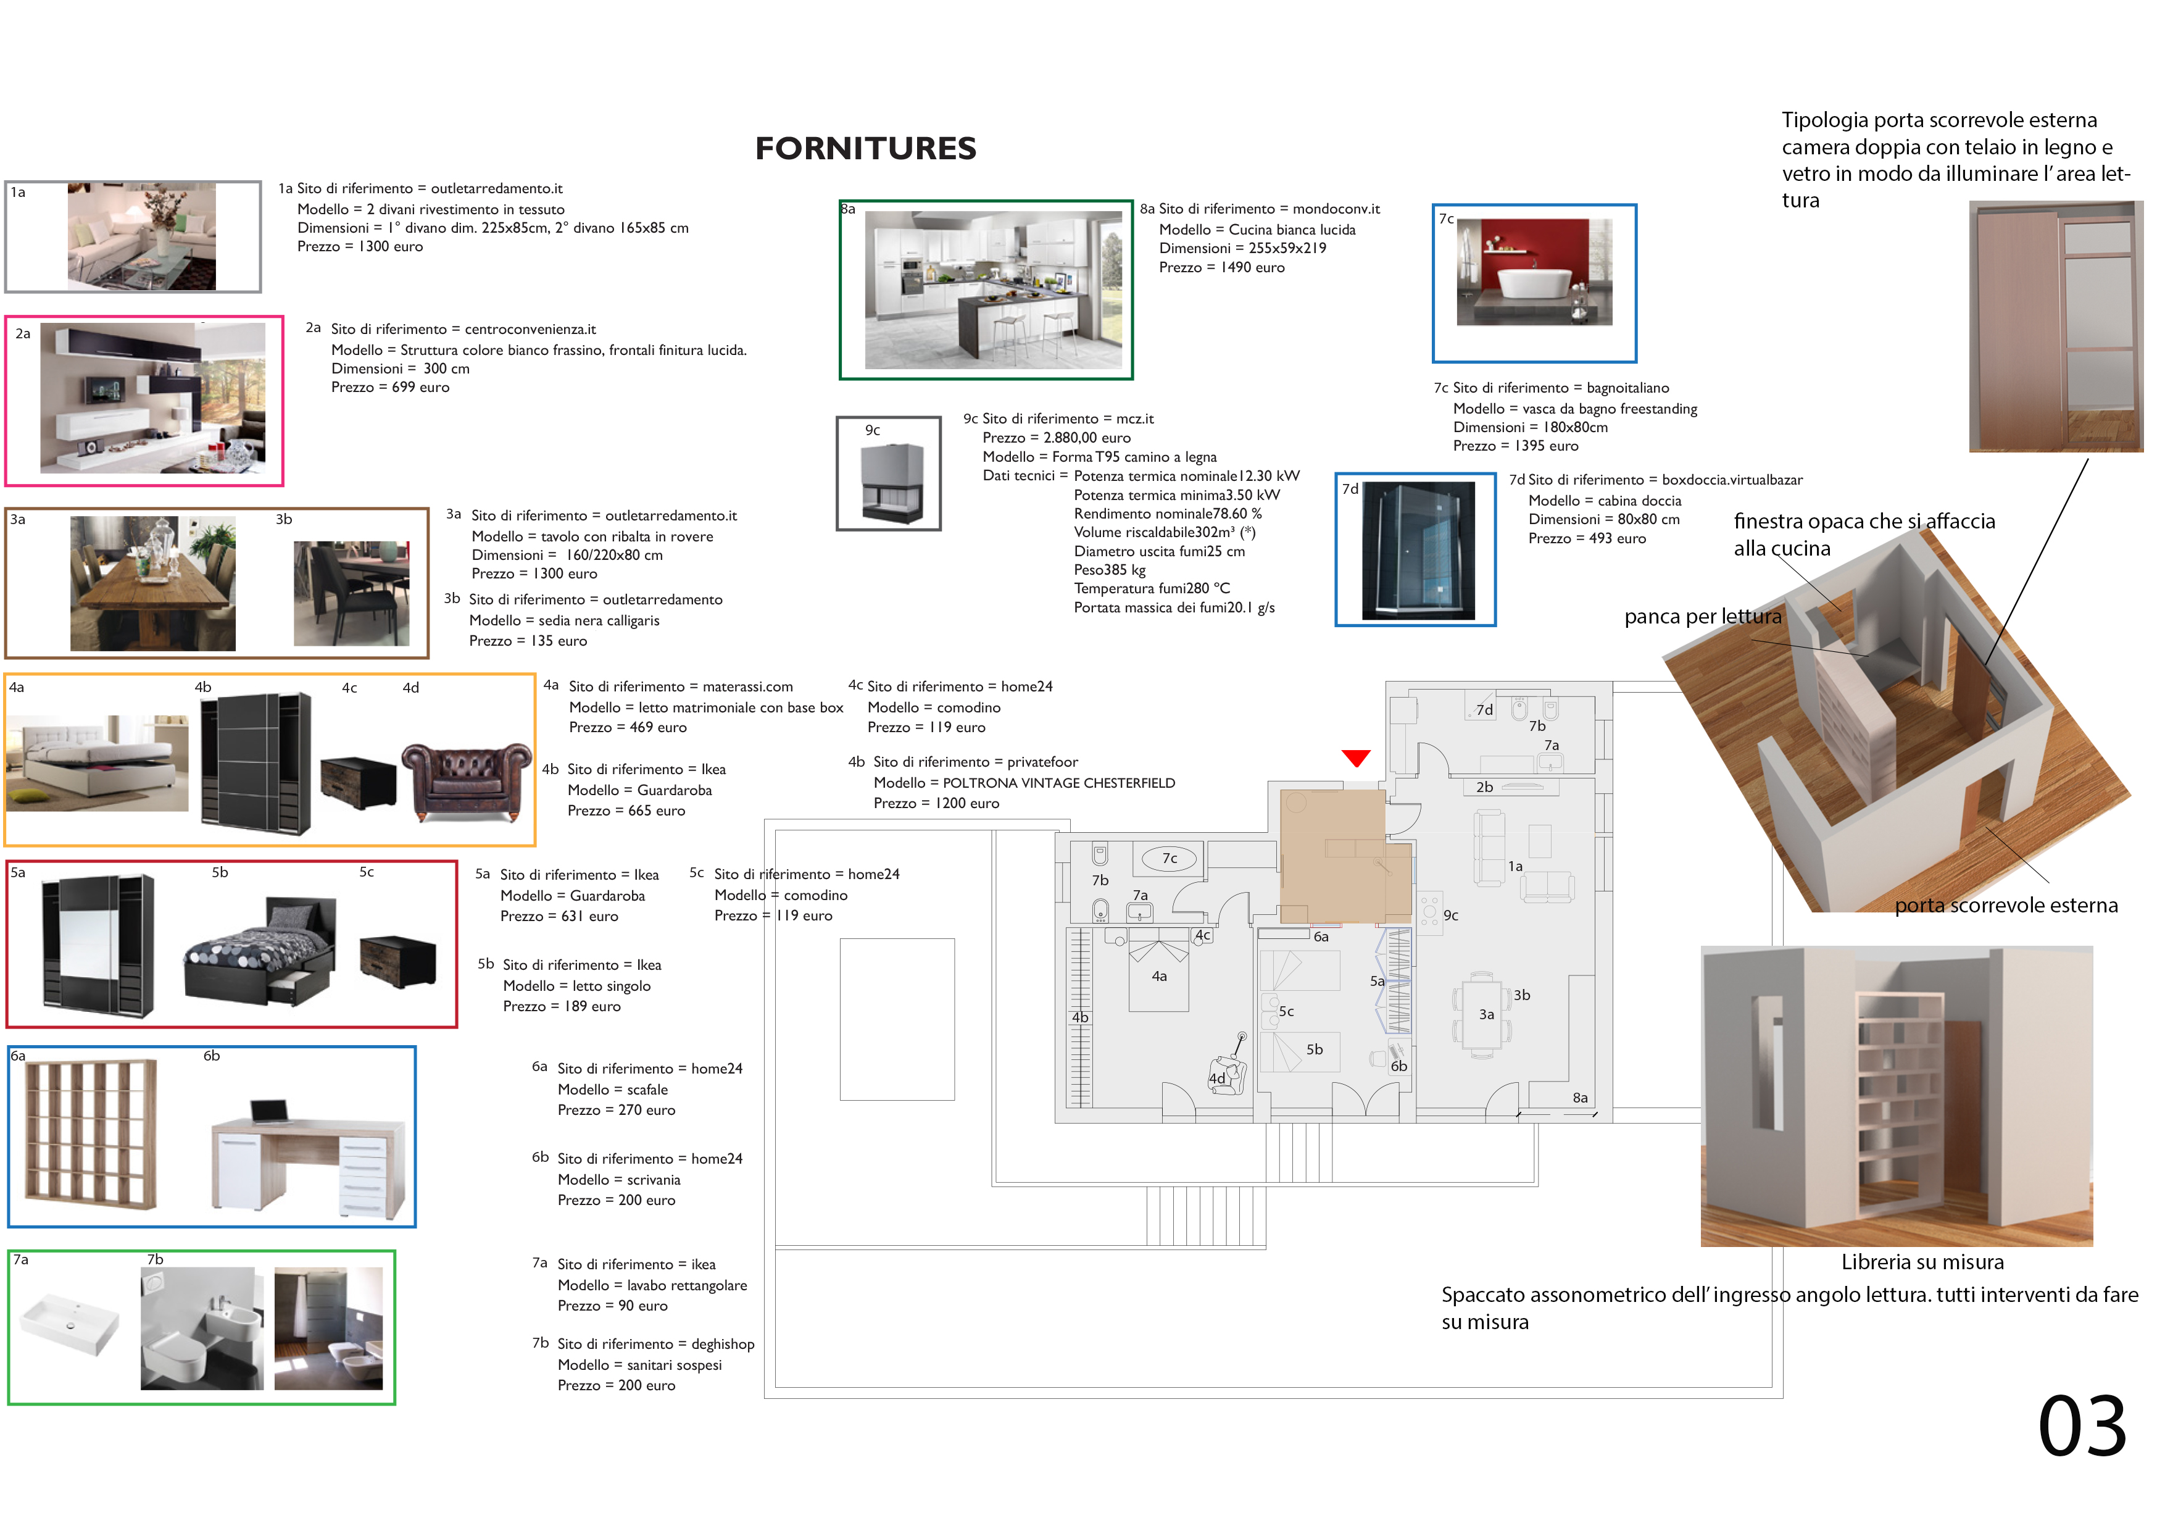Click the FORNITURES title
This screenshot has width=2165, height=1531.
[x=866, y=148]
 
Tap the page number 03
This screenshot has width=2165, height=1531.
[x=2082, y=1425]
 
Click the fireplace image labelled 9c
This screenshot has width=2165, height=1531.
[x=892, y=483]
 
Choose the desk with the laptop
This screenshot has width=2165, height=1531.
[x=309, y=1158]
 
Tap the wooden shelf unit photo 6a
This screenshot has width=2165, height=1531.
[x=91, y=1134]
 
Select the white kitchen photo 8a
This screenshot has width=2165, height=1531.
[x=993, y=290]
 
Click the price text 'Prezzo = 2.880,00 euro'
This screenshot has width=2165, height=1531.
[x=1056, y=438]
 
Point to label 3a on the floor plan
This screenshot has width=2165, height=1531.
[x=1486, y=1014]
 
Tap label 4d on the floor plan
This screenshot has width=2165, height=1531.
[x=1216, y=1078]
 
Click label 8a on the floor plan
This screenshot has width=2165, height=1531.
[x=1581, y=1097]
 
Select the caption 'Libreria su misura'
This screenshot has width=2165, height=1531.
[x=1922, y=1262]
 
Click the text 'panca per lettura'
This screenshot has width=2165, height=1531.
[x=1703, y=617]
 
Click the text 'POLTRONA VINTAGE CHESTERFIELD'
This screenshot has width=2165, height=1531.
[x=1059, y=783]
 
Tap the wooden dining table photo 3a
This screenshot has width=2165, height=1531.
[x=153, y=583]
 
